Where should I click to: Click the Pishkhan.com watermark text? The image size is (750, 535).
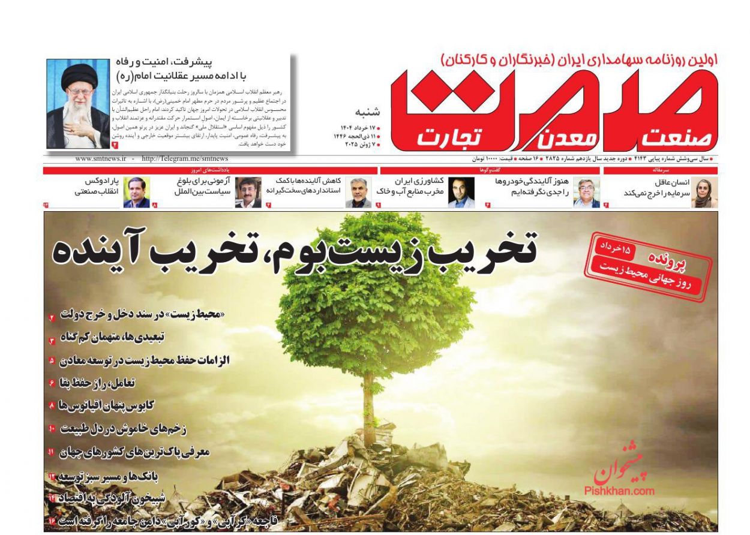619,491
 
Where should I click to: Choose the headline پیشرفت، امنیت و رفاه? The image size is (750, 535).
187,61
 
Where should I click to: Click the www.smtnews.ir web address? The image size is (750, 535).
101,159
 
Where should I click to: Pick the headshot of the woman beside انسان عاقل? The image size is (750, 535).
703,193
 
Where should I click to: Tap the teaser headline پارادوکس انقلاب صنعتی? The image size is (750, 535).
97,187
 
